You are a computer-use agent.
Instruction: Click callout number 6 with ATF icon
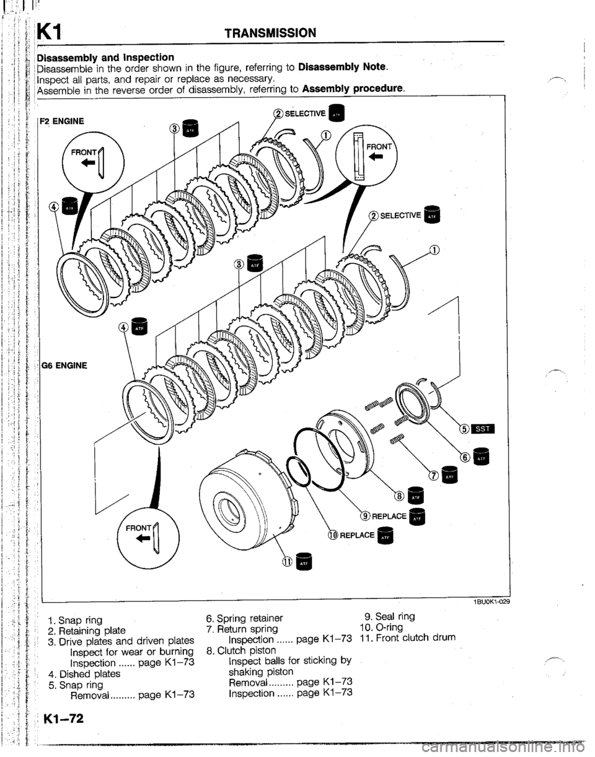coord(464,455)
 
